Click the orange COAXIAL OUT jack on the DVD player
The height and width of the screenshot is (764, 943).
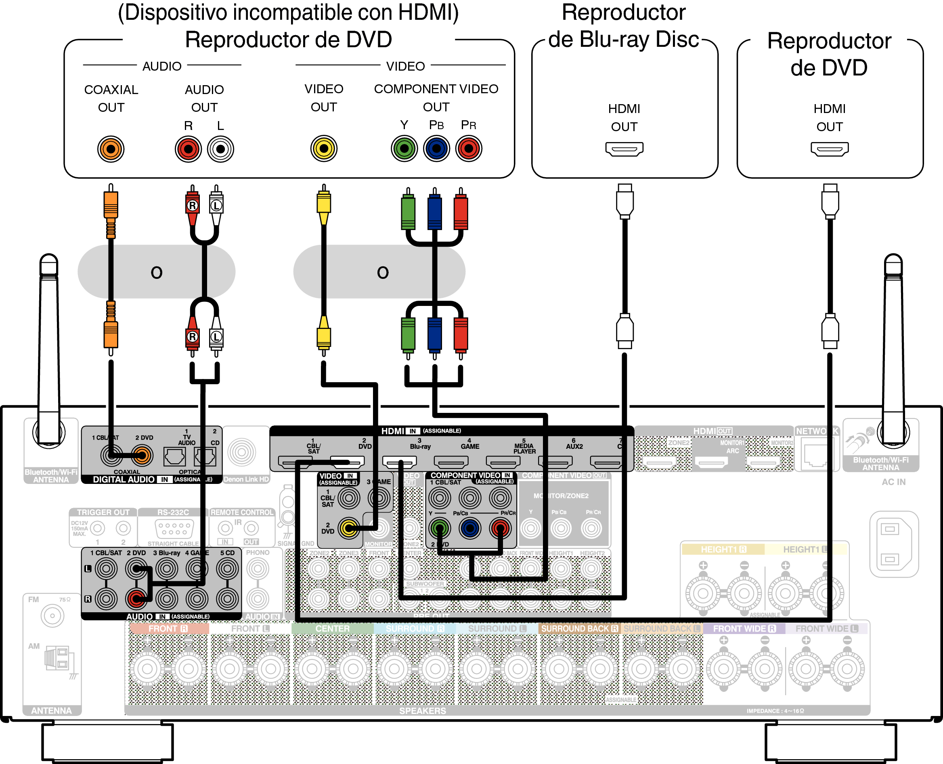(x=111, y=149)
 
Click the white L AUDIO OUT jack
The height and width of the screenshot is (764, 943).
(x=220, y=149)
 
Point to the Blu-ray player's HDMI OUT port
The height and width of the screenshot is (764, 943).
(x=624, y=149)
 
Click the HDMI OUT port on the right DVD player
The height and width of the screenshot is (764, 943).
(x=830, y=149)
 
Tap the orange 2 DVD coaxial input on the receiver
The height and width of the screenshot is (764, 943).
(x=142, y=456)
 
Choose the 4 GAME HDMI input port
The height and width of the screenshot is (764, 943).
(x=451, y=462)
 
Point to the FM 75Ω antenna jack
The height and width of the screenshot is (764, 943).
(x=52, y=616)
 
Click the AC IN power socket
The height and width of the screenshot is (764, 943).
(x=894, y=544)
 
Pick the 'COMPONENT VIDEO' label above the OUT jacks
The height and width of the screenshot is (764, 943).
(x=436, y=89)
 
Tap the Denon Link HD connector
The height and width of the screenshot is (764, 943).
(x=242, y=452)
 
